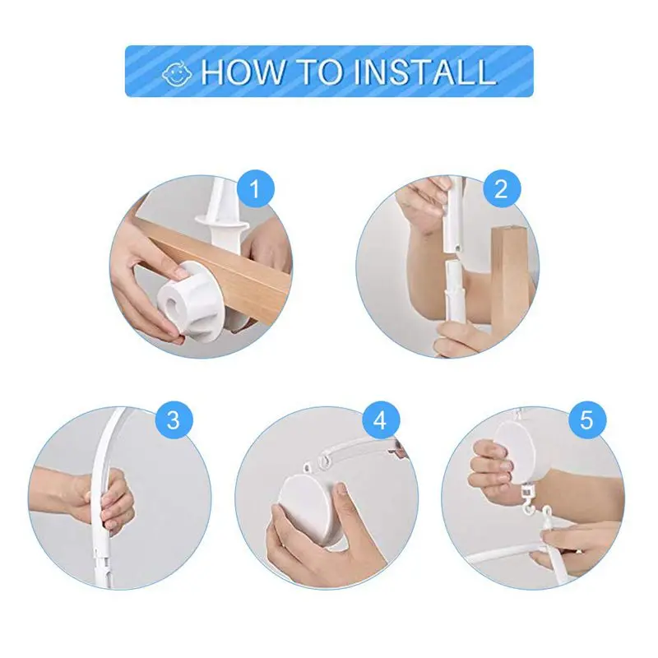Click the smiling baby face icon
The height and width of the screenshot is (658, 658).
[x=177, y=75]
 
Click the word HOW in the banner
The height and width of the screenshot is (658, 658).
[x=243, y=72]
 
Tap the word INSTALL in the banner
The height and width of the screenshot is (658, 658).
[x=424, y=72]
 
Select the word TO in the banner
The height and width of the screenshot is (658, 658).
[x=318, y=72]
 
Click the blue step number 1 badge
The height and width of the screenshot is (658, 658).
[x=256, y=189]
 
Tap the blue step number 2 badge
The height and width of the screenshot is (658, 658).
[x=502, y=189]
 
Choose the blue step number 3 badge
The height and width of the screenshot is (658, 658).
[x=174, y=420]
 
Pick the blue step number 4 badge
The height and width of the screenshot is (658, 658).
[x=381, y=420]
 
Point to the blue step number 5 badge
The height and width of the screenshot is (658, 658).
[x=587, y=420]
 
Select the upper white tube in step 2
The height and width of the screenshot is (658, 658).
[x=455, y=215]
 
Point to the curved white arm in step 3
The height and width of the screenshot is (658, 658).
[x=104, y=475]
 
